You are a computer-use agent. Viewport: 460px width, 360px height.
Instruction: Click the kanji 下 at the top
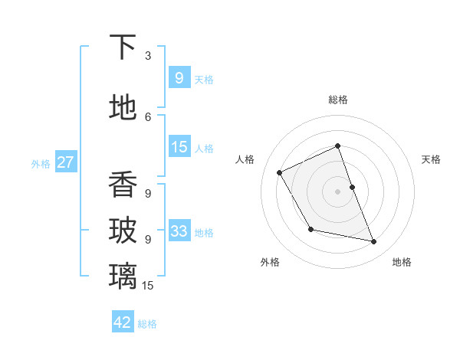[123, 47]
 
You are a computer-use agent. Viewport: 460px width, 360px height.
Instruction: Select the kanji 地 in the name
[123, 107]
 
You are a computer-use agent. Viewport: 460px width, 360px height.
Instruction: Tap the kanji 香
[123, 184]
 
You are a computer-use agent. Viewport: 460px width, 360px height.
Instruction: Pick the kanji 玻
[123, 230]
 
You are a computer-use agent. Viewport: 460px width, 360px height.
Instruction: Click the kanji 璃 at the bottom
[123, 274]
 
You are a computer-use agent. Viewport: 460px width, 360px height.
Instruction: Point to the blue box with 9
[179, 78]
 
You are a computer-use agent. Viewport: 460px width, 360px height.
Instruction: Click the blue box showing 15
[179, 147]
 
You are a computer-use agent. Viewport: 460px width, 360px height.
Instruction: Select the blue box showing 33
[179, 231]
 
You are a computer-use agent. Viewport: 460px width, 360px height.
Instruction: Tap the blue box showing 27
[66, 162]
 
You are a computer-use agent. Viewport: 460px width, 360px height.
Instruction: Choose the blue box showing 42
[123, 322]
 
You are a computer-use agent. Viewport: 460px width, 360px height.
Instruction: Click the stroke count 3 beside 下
[148, 56]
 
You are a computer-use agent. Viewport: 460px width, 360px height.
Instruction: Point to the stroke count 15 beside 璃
[148, 285]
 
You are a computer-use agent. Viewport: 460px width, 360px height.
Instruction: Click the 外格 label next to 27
[41, 163]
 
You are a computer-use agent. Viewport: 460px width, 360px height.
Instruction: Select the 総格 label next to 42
[147, 324]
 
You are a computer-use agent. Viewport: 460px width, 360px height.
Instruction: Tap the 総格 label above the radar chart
[338, 100]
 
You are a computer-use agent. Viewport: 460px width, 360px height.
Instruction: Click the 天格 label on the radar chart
[431, 159]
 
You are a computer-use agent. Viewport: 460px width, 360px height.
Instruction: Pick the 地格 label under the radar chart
[402, 262]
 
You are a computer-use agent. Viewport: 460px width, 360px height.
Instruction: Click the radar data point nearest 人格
[280, 172]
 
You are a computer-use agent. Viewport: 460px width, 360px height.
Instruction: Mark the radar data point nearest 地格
[374, 242]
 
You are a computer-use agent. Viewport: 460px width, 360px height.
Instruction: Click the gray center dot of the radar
[338, 191]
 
